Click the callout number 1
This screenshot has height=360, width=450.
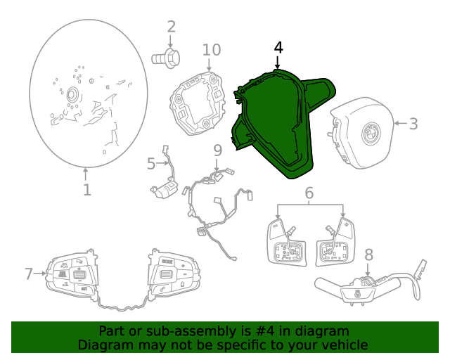(x=87, y=190)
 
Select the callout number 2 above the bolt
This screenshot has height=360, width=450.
(x=171, y=27)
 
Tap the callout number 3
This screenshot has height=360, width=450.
(x=413, y=124)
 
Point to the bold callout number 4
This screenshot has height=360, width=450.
(x=278, y=48)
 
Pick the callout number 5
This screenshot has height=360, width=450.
(x=151, y=164)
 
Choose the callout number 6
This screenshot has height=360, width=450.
(x=309, y=193)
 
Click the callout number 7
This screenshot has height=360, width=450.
(x=28, y=274)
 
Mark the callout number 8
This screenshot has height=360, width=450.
(x=368, y=255)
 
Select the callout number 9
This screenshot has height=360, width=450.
(x=217, y=150)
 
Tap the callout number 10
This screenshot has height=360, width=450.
(x=212, y=50)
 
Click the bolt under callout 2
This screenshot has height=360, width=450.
(x=166, y=58)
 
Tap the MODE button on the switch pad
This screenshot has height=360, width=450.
(x=167, y=262)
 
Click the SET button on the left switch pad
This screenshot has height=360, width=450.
(x=84, y=289)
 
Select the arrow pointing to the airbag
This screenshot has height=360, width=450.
(x=401, y=124)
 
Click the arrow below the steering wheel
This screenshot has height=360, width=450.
(x=86, y=174)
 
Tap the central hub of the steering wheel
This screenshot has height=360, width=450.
(x=72, y=95)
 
